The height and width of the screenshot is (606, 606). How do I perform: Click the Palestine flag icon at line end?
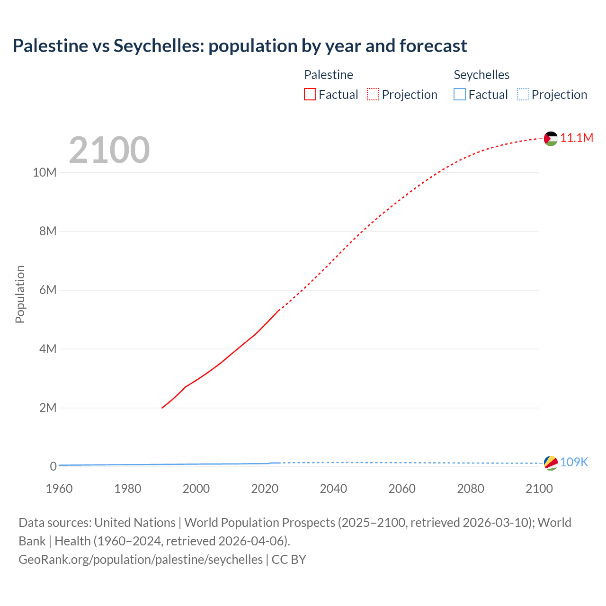pyautogui.click(x=551, y=138)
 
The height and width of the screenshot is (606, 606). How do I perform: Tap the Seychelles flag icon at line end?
pyautogui.click(x=551, y=463)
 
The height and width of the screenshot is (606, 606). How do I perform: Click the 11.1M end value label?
pyautogui.click(x=577, y=138)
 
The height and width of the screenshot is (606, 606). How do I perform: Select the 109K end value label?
pyautogui.click(x=574, y=463)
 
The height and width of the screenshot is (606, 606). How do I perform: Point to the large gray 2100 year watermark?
pyautogui.click(x=109, y=150)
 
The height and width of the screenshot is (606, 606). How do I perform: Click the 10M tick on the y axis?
pyautogui.click(x=45, y=172)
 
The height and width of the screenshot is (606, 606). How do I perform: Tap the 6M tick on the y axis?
pyautogui.click(x=47, y=290)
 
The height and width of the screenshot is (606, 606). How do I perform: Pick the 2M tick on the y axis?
pyautogui.click(x=47, y=408)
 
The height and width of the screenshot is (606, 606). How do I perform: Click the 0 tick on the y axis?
pyautogui.click(x=53, y=466)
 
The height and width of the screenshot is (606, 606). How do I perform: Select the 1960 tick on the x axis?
pyautogui.click(x=59, y=489)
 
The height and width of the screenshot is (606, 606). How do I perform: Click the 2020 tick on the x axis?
pyautogui.click(x=265, y=489)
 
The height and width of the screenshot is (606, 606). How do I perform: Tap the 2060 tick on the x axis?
pyautogui.click(x=402, y=489)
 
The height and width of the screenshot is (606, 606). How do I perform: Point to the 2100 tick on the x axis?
pyautogui.click(x=539, y=489)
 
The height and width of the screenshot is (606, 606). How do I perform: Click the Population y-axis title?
pyautogui.click(x=20, y=294)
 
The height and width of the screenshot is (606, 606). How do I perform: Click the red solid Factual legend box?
pyautogui.click(x=310, y=94)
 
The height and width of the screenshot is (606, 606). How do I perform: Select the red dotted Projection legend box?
pyautogui.click(x=373, y=94)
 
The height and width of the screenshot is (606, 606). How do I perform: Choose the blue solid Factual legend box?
pyautogui.click(x=460, y=94)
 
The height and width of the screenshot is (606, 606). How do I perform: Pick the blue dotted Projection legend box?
pyautogui.click(x=523, y=94)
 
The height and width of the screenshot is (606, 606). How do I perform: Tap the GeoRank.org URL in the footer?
pyautogui.click(x=141, y=559)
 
